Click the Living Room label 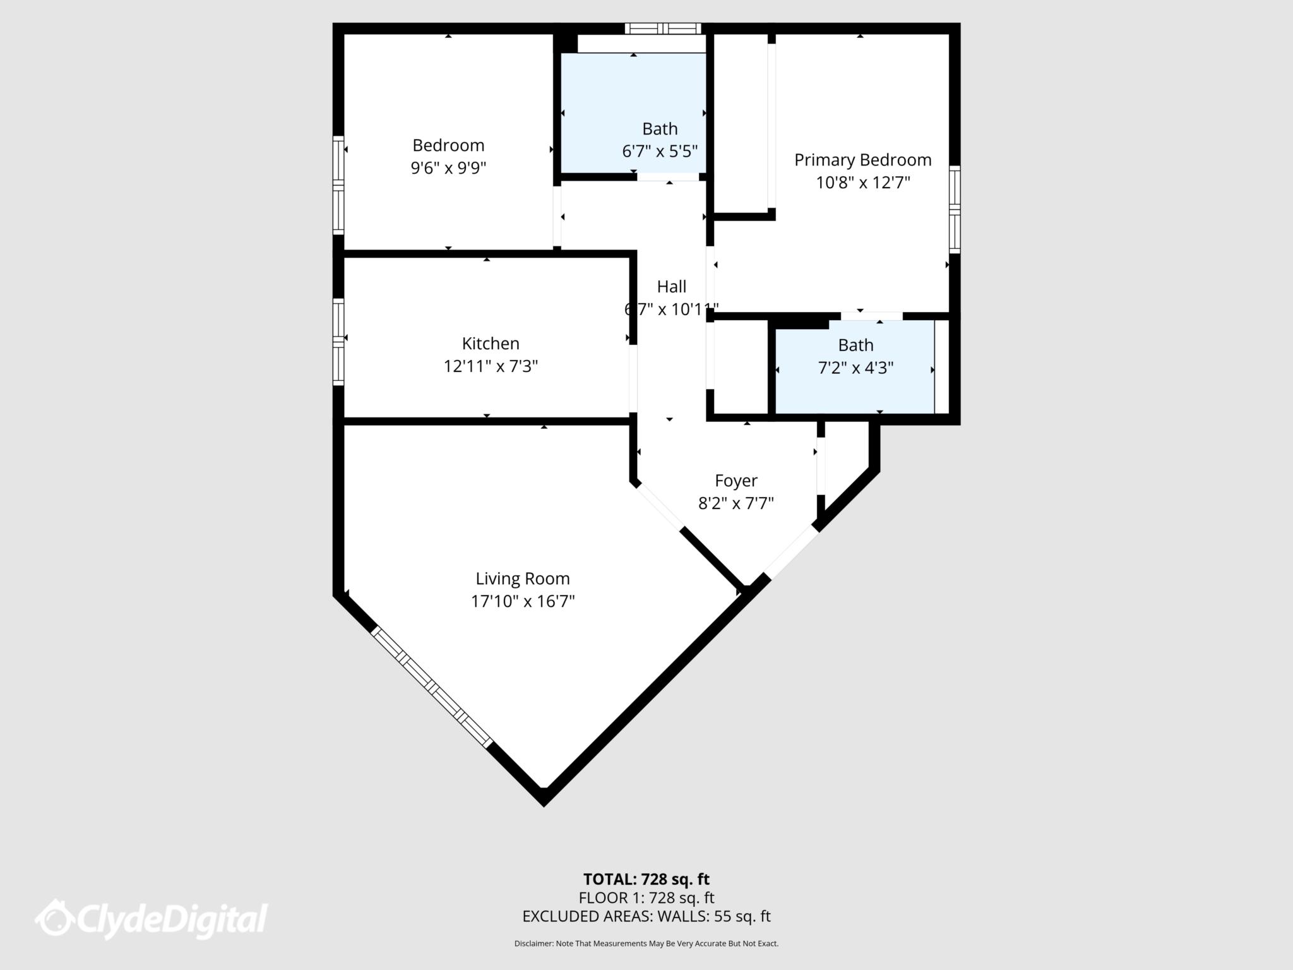tap(523, 578)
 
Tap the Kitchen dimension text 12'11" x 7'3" tap(491, 366)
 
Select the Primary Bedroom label tap(862, 160)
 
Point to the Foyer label tap(736, 481)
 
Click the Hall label tap(672, 287)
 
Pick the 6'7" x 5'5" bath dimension tap(660, 152)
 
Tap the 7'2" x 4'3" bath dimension tap(856, 368)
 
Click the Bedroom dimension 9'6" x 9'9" tap(448, 168)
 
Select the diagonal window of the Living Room tap(431, 686)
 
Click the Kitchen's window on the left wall tap(339, 342)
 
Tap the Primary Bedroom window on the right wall tap(955, 209)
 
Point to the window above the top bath tap(663, 28)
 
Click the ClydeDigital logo tap(152, 919)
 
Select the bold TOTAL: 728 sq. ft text tap(646, 879)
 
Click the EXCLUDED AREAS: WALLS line tap(646, 916)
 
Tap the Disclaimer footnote tap(646, 943)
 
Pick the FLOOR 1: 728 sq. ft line tap(646, 897)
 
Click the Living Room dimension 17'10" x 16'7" tap(523, 601)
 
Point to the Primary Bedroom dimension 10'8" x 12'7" tap(862, 183)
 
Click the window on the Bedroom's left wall tap(339, 185)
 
